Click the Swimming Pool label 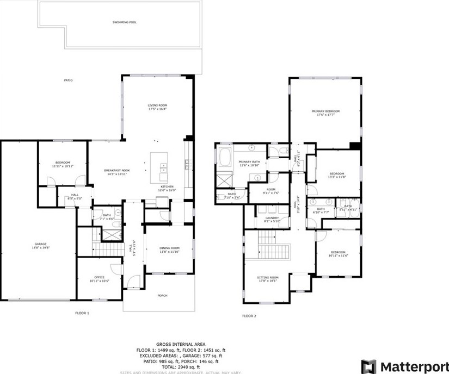pyautogui.click(x=125, y=22)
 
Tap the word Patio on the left pyautogui.click(x=68, y=80)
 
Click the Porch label pyautogui.click(x=162, y=296)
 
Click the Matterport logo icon pyautogui.click(x=368, y=366)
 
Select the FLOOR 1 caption pyautogui.click(x=82, y=313)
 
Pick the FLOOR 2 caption pyautogui.click(x=249, y=316)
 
